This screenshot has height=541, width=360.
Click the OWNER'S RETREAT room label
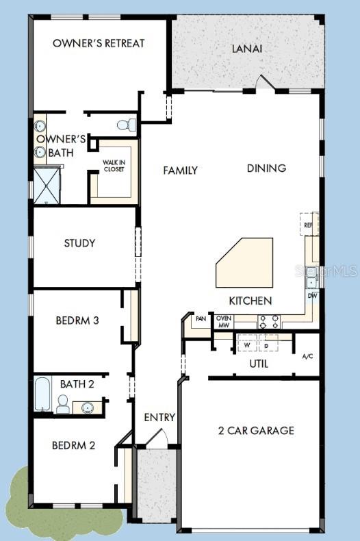99,43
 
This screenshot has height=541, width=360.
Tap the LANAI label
247,49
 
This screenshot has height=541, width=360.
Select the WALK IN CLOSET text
114,166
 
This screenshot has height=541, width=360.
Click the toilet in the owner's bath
127,125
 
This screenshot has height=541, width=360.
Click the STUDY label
79,243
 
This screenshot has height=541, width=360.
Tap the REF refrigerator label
308,225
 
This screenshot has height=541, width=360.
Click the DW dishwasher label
311,296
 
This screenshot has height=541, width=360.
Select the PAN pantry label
201,318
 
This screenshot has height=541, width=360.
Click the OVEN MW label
223,322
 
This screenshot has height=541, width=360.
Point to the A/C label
308,356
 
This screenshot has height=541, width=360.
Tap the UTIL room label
259,364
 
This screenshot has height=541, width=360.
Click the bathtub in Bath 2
42,394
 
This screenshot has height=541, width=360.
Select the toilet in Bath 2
63,404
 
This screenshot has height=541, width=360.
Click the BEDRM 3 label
78,319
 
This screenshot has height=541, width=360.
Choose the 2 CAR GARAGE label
256,430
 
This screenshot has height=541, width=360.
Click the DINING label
266,168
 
